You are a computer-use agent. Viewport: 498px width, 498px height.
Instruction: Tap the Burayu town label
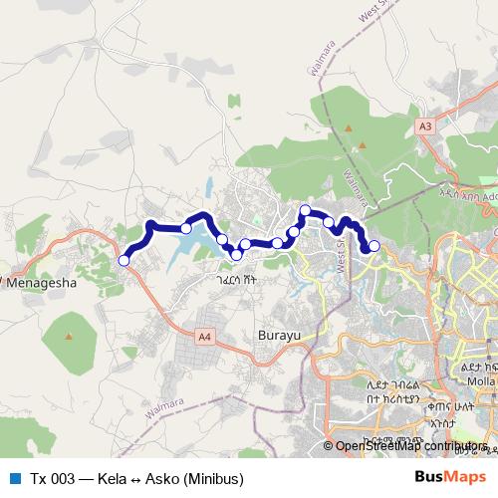click(x=279, y=335)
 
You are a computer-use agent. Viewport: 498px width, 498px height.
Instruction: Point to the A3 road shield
click(x=425, y=126)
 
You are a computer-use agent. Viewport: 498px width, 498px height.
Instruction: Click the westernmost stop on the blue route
click(x=124, y=260)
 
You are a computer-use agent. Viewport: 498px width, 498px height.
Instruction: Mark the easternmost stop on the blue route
click(x=374, y=246)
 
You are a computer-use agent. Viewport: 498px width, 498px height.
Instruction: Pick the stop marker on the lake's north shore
click(x=186, y=228)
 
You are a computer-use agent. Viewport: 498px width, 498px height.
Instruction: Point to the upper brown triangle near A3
click(x=350, y=128)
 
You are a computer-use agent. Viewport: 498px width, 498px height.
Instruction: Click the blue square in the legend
click(x=14, y=478)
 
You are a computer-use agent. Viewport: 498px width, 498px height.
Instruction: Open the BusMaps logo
click(x=454, y=477)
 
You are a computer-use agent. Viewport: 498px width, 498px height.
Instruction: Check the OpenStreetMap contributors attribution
click(x=408, y=445)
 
